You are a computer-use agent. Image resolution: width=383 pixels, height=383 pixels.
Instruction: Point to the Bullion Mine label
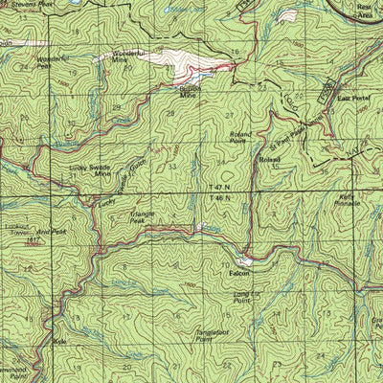[x=192, y=92]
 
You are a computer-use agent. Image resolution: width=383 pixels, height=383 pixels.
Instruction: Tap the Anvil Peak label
[x=52, y=231]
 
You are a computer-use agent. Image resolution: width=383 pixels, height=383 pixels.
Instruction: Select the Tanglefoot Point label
[x=199, y=335]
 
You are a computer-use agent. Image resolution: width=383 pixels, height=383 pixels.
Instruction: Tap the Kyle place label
[x=63, y=340]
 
